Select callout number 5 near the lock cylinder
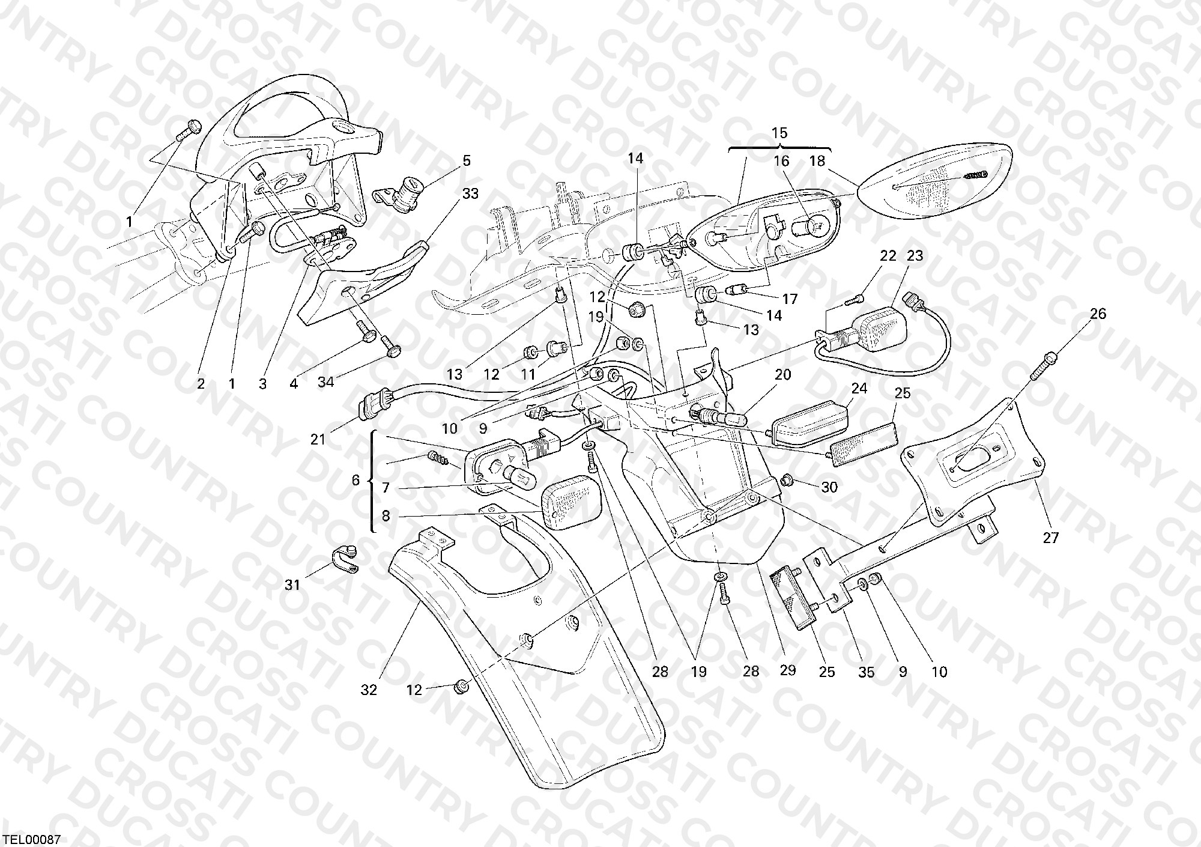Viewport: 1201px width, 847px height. pyautogui.click(x=467, y=161)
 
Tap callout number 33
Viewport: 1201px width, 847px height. pyautogui.click(x=471, y=194)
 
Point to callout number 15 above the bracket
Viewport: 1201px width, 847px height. pyautogui.click(x=779, y=133)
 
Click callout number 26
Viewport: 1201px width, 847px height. pyautogui.click(x=1098, y=314)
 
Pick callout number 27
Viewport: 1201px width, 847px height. pyautogui.click(x=1050, y=538)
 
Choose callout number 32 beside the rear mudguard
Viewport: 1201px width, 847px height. pyautogui.click(x=369, y=690)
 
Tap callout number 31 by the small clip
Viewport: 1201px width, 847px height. pyautogui.click(x=292, y=584)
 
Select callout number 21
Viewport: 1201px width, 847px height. pyautogui.click(x=318, y=440)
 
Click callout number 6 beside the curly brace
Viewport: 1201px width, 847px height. pyautogui.click(x=355, y=480)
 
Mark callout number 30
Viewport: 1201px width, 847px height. pyautogui.click(x=829, y=487)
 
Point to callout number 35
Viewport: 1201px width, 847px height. pyautogui.click(x=866, y=672)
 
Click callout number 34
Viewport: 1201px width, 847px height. pyautogui.click(x=325, y=382)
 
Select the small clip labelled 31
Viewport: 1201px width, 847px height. pyautogui.click(x=345, y=559)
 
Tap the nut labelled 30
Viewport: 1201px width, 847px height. pyautogui.click(x=789, y=480)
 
